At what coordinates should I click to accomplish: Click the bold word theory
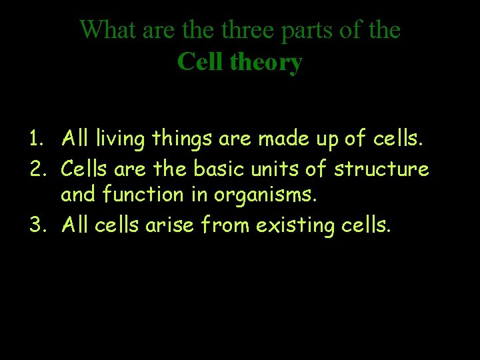pyautogui.click(x=266, y=62)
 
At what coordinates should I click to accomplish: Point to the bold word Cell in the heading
pyautogui.click(x=200, y=62)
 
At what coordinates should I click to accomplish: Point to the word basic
pyautogui.click(x=219, y=169)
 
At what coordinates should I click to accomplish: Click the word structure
pyautogui.click(x=381, y=169)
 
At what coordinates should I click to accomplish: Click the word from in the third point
pyautogui.click(x=219, y=225)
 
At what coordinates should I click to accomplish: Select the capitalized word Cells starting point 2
pyautogui.click(x=85, y=169)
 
